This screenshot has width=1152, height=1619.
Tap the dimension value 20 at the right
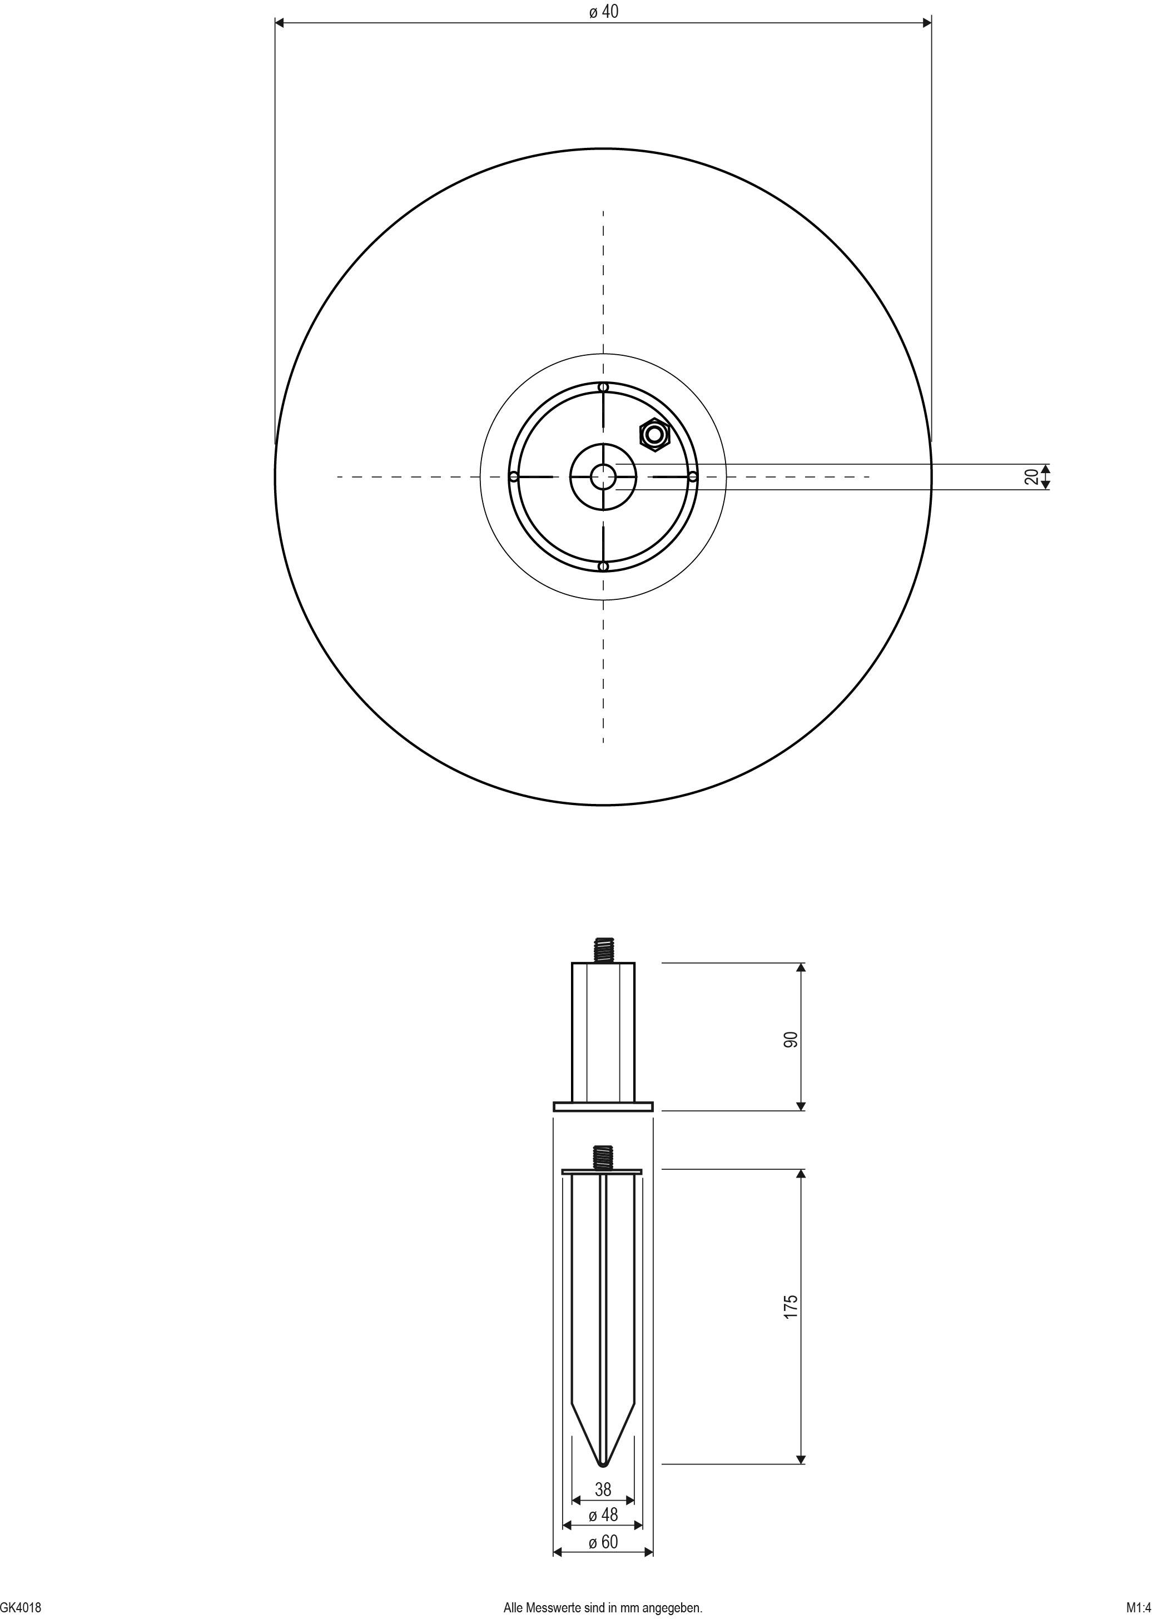1032,476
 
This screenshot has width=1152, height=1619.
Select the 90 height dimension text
791,1039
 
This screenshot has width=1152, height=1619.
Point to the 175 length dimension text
791,1306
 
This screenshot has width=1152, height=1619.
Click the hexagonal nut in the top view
654,435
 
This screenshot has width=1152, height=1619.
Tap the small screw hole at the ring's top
603,387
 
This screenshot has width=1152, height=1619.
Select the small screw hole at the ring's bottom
603,567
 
